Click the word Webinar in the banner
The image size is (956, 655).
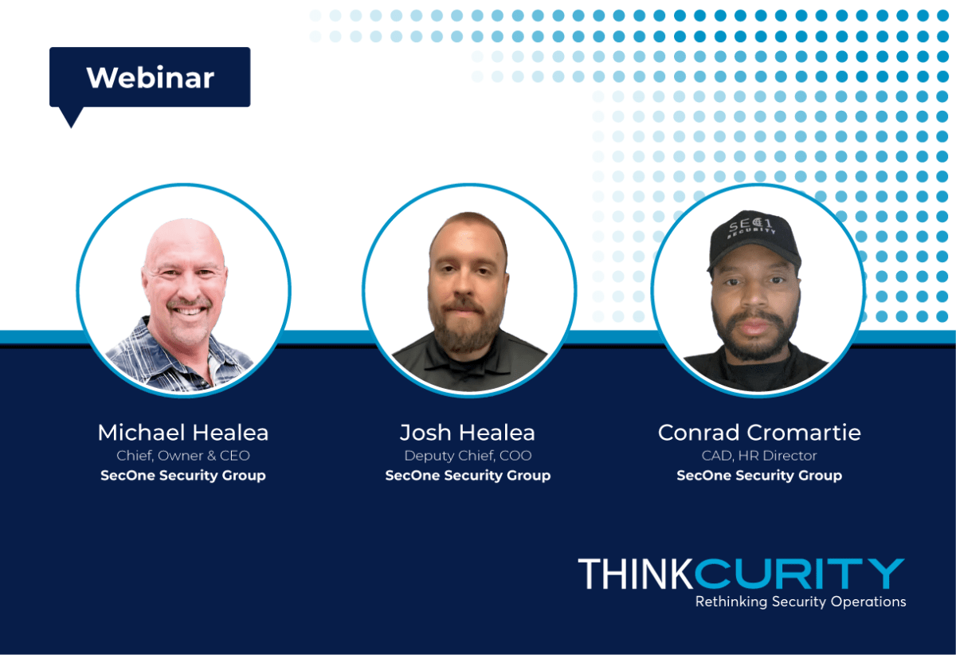tap(151, 78)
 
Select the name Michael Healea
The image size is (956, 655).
tap(183, 433)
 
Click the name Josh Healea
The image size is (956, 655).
tap(468, 433)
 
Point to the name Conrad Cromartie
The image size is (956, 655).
tap(759, 433)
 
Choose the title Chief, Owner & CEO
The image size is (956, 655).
tap(183, 456)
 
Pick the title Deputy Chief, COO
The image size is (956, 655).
tap(468, 456)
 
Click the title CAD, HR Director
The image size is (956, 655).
tap(759, 456)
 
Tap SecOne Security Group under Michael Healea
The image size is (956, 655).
tap(183, 476)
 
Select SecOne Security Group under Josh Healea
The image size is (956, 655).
tap(468, 476)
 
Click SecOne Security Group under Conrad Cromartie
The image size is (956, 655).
tap(759, 476)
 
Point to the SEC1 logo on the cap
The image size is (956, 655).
tap(751, 227)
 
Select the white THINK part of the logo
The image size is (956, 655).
tap(636, 574)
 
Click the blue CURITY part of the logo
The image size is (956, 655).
tap(799, 574)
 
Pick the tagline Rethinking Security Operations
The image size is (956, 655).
tap(801, 602)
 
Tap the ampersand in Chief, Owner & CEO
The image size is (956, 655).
tap(211, 456)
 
